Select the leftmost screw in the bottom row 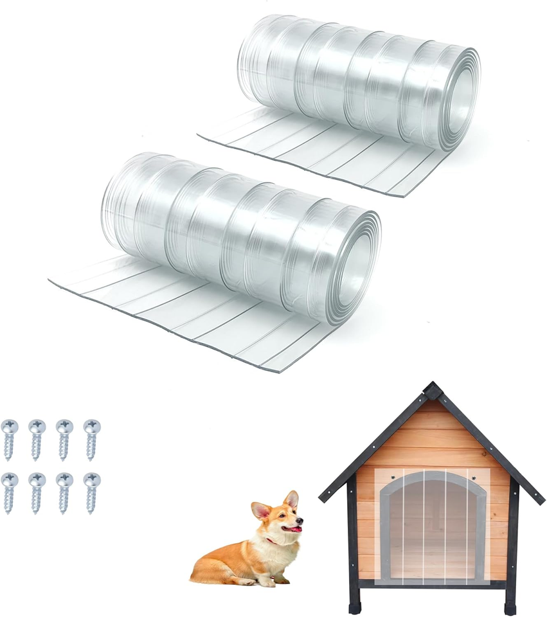pyautogui.click(x=9, y=492)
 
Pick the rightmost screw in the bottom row pyautogui.click(x=92, y=492)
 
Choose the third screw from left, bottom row pyautogui.click(x=64, y=492)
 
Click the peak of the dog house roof pyautogui.click(x=432, y=388)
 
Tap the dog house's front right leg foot pyautogui.click(x=510, y=607)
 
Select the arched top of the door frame pyautogui.click(x=432, y=476)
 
